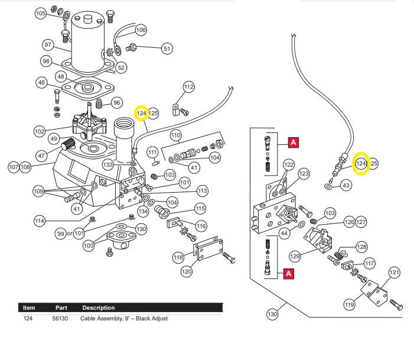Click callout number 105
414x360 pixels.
coord(41,13)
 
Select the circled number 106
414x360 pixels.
coord(141,30)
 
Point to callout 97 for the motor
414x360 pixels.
coord(48,44)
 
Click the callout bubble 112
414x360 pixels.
coord(188,87)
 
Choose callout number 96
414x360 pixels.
coord(116,103)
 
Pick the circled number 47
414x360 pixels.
coord(41,156)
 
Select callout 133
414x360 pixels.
coord(108,164)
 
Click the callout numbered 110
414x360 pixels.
coord(176,135)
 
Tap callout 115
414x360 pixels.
coord(200,209)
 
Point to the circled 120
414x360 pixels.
coord(187,271)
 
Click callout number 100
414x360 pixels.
coord(89,245)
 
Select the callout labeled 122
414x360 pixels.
coord(288,164)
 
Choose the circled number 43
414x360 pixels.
coord(346,186)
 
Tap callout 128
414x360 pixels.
coord(361,247)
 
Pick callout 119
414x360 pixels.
coord(349,304)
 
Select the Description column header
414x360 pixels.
coord(98,308)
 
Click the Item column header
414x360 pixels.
coord(29,308)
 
